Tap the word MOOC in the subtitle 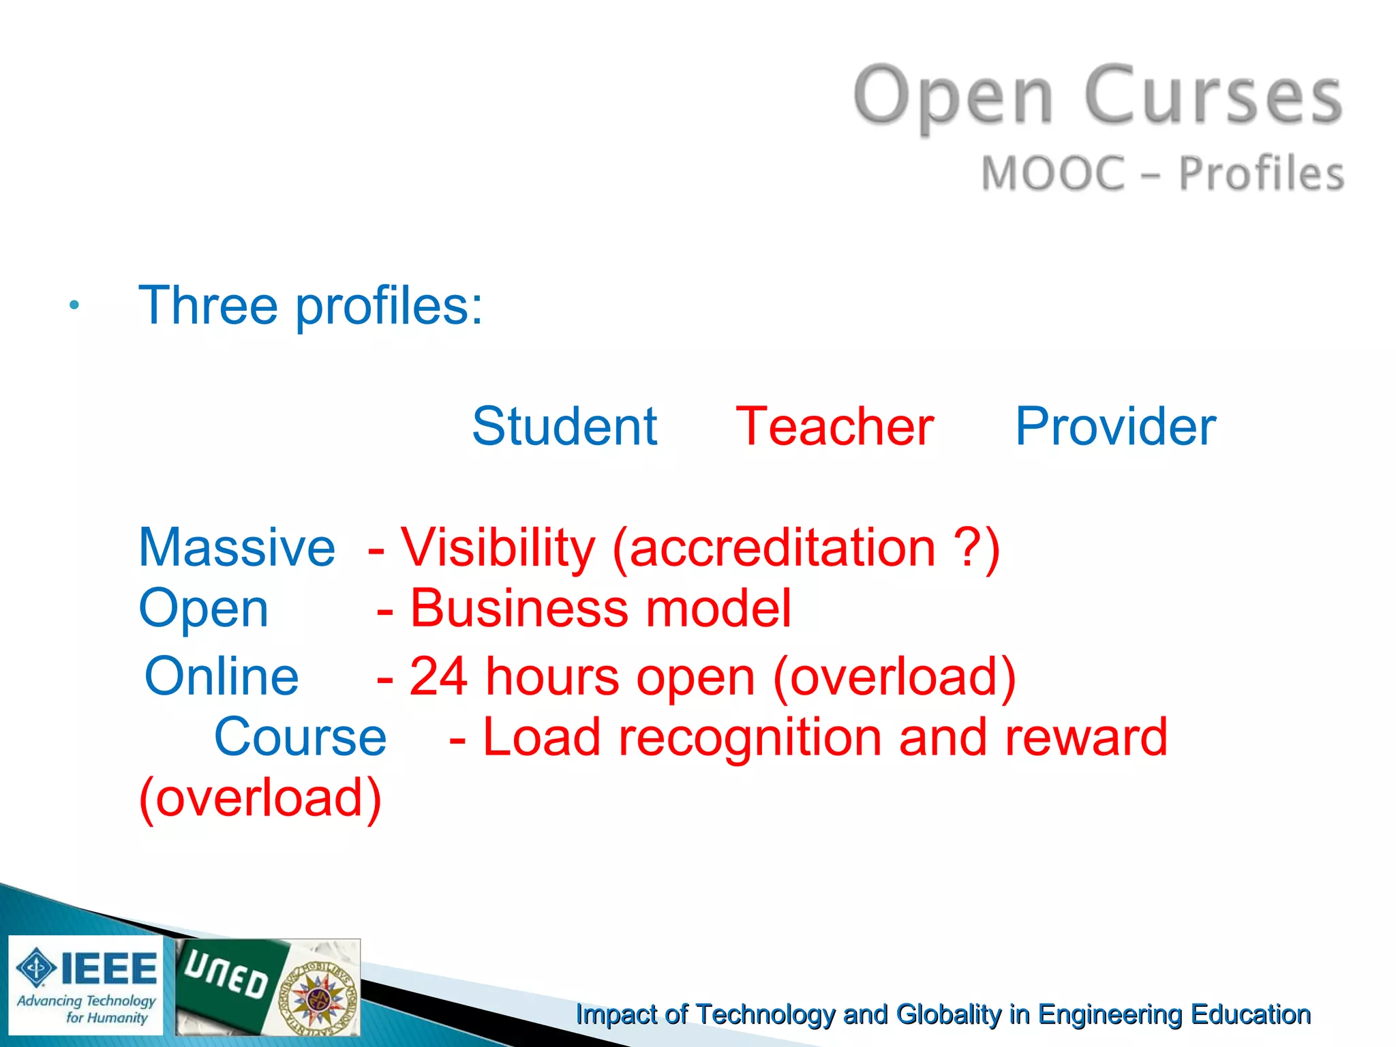click(x=1052, y=173)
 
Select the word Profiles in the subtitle click(x=1261, y=173)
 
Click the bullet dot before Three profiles click(x=74, y=305)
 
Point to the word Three click(x=208, y=305)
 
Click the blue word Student click(x=564, y=427)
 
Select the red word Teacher click(x=834, y=427)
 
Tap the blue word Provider click(x=1115, y=427)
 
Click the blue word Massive click(x=237, y=547)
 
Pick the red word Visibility click(x=498, y=547)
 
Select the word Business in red click(x=519, y=608)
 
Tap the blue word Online click(x=222, y=676)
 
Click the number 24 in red click(x=438, y=676)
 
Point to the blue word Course click(x=300, y=737)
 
